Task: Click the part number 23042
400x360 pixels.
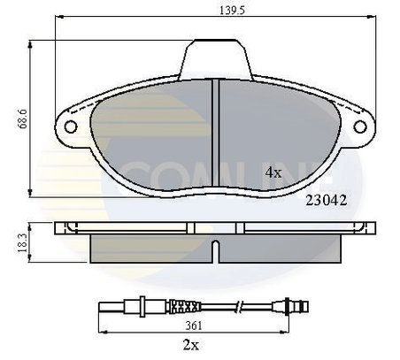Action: tap(325, 200)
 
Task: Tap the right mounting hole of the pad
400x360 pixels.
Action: tap(359, 126)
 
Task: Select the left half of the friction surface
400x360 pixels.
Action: tap(150, 133)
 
